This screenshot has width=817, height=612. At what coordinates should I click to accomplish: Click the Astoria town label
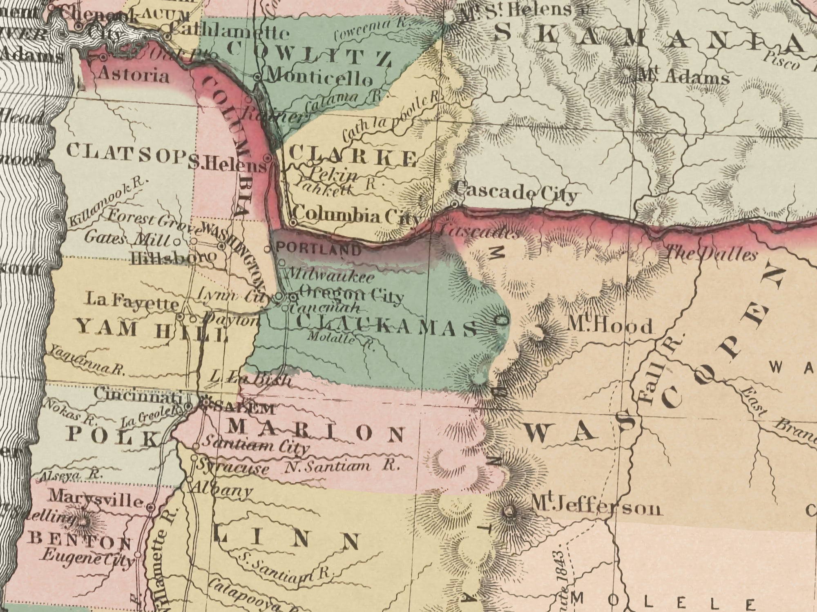tap(134, 75)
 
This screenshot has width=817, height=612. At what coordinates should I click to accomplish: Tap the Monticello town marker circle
tap(257, 76)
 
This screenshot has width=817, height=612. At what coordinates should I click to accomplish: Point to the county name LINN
tap(286, 541)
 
